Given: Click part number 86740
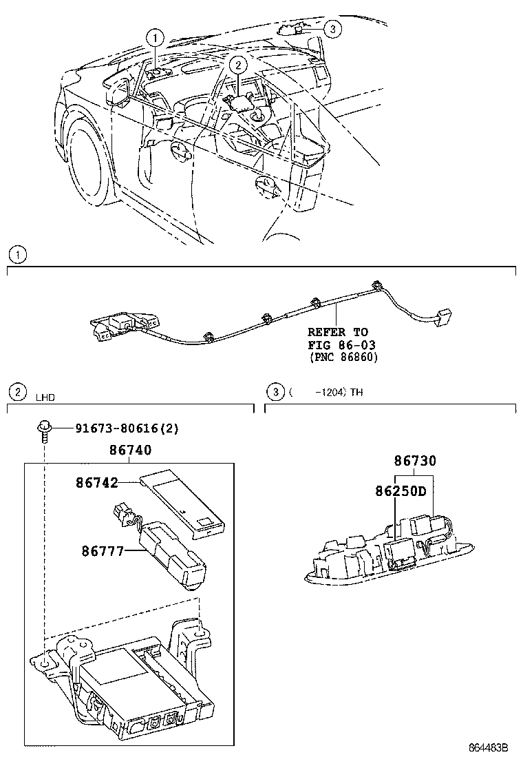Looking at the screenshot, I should (x=131, y=451).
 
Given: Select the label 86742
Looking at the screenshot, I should (x=97, y=484).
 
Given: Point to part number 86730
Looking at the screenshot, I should (x=415, y=461).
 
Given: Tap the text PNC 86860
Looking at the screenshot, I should (x=343, y=357).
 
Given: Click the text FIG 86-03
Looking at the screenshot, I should (x=342, y=344).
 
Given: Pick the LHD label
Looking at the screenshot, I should (x=45, y=397).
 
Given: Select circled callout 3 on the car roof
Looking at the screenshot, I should (x=332, y=28).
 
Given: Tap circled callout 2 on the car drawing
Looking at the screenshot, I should (x=237, y=65).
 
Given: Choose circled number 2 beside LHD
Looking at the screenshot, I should (x=16, y=393).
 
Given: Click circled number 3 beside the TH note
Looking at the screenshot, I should (x=275, y=393).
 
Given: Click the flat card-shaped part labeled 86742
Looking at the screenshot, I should (x=184, y=501).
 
